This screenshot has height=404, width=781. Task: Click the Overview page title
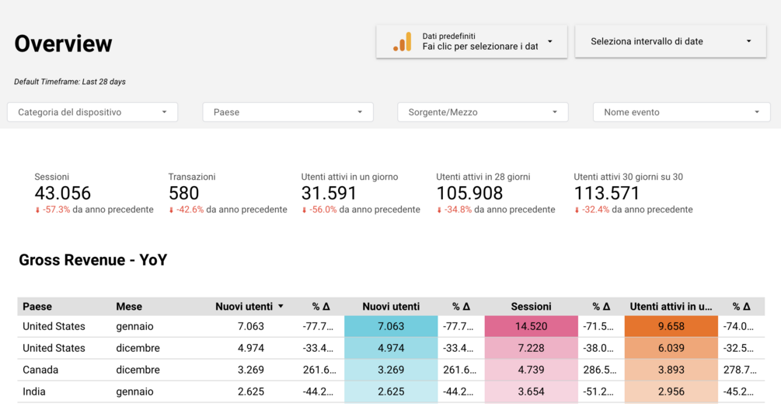(x=63, y=44)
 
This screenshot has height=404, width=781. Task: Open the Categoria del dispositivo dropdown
(x=92, y=112)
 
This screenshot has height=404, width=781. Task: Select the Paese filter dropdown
(x=288, y=112)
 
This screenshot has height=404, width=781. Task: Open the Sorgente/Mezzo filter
(x=483, y=112)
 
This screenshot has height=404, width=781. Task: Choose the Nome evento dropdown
(x=681, y=112)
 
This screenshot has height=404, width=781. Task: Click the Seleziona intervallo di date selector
(x=671, y=41)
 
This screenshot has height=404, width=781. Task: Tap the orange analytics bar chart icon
(x=403, y=42)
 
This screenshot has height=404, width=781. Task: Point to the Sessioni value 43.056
(x=63, y=193)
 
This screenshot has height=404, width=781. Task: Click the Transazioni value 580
(x=184, y=193)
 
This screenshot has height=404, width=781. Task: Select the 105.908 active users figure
(x=469, y=193)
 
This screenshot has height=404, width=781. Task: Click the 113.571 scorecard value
(x=607, y=193)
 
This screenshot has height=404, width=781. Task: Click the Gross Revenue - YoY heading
(x=92, y=260)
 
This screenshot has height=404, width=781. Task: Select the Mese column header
(x=129, y=307)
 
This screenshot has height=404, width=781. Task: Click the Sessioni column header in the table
(x=532, y=307)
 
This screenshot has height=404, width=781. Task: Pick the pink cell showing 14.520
(x=532, y=326)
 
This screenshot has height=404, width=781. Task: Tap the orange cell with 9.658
(x=671, y=326)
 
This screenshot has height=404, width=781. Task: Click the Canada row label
(x=40, y=370)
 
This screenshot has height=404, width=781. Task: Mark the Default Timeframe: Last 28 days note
(x=70, y=82)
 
